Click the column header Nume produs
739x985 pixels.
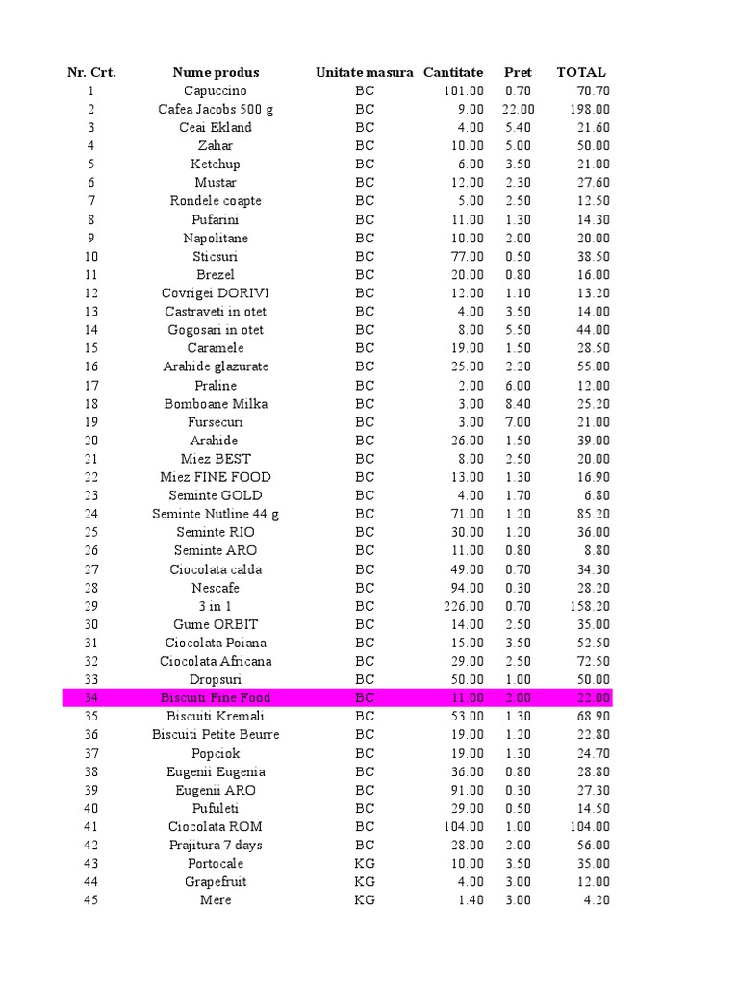click(216, 72)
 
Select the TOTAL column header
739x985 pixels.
click(581, 72)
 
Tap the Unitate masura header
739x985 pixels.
click(365, 72)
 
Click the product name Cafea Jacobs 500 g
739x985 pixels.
click(216, 110)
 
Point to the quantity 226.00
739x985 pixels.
click(461, 606)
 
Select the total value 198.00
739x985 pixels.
click(588, 110)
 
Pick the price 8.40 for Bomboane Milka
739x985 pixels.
click(519, 404)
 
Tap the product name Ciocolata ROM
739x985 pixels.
click(216, 827)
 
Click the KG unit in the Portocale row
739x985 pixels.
click(365, 864)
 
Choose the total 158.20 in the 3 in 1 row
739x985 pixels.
click(588, 606)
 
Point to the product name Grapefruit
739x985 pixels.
click(216, 882)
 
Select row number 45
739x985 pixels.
click(91, 900)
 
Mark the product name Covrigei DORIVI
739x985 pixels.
click(216, 293)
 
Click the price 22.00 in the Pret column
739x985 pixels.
click(519, 110)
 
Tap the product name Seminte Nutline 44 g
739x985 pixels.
click(216, 515)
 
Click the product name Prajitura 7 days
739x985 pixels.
click(216, 846)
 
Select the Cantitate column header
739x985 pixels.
click(453, 72)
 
